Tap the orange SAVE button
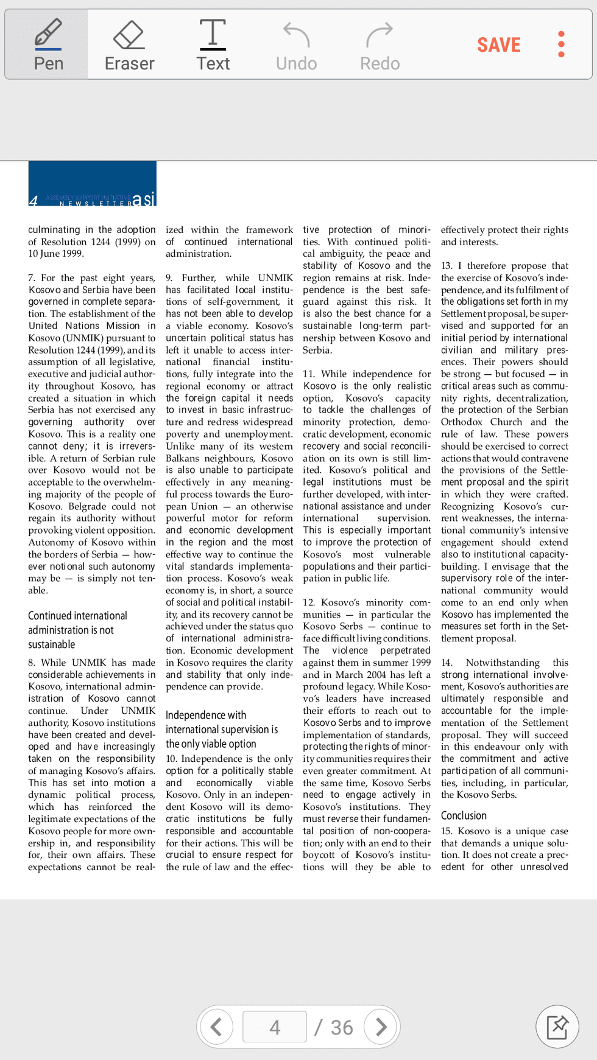point(498,45)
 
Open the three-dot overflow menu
point(561,44)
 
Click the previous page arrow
point(216,1027)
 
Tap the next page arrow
point(381,1027)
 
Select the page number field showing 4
point(275,1027)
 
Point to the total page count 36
point(342,1028)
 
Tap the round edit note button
point(557,1027)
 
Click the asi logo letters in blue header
point(144,199)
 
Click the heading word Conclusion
point(464,815)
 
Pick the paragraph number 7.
point(31,278)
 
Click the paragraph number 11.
point(309,374)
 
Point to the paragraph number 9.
point(169,278)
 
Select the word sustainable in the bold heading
point(52,644)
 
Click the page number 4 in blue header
point(34,200)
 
